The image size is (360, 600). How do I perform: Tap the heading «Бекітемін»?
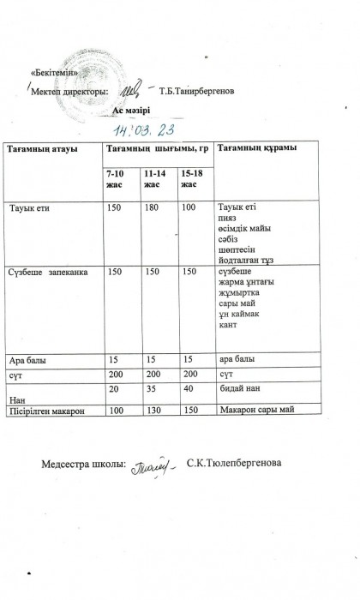coord(52,72)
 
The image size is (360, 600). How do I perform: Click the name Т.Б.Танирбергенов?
coord(194,91)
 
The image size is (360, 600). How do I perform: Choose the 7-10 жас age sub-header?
coord(116,180)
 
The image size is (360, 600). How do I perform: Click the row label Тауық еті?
coord(34,208)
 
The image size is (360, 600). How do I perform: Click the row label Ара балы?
coord(26,358)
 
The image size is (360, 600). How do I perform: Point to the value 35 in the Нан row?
coord(150,387)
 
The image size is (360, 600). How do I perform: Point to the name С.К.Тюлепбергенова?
coord(237,465)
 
